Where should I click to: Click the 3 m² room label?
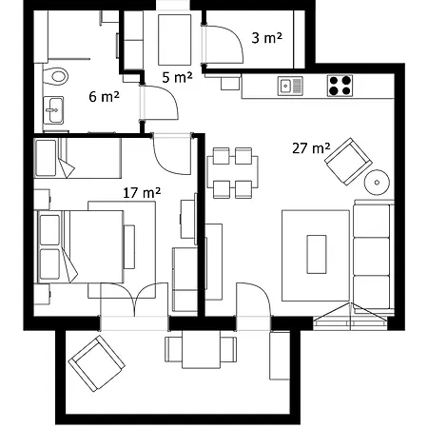point(265,38)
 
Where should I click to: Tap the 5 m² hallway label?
point(177,77)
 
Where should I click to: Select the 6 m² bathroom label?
point(103,96)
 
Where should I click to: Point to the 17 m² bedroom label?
point(142,191)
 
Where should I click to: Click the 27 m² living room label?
point(312,147)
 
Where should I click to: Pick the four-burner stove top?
point(340,86)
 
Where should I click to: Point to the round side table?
point(379,182)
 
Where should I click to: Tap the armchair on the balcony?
point(96,365)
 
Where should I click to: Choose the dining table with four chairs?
point(232,172)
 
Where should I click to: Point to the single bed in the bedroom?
point(77,157)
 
